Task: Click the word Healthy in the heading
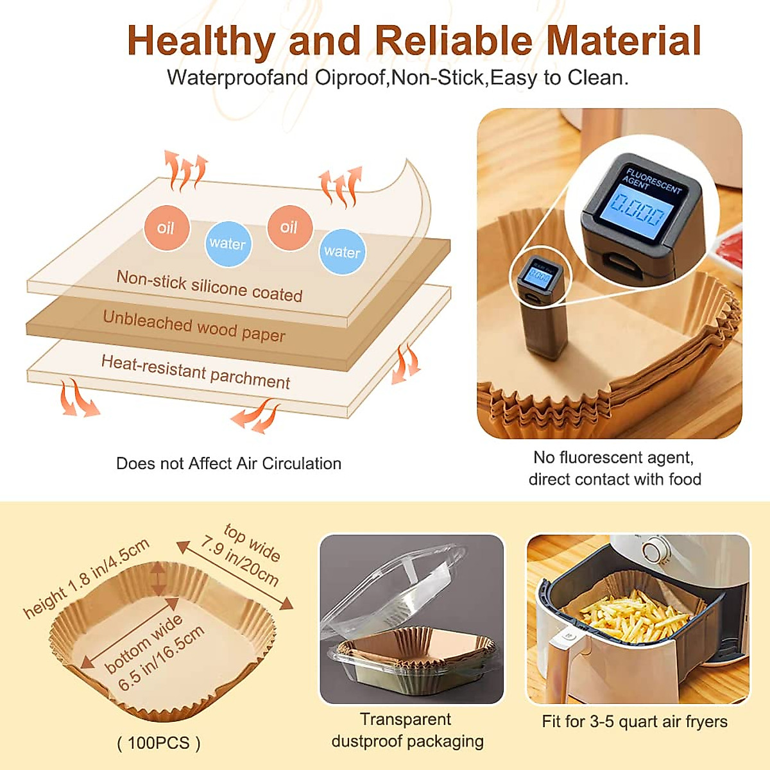tap(201, 41)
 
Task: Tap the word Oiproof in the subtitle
tap(350, 78)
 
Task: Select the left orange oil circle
tap(166, 228)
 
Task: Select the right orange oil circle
tap(289, 227)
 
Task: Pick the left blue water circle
tap(227, 243)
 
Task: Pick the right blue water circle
tap(342, 252)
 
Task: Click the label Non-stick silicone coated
tap(209, 286)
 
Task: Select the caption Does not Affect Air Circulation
tap(228, 464)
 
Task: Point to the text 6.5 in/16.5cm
tap(161, 658)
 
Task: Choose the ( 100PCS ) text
tap(158, 743)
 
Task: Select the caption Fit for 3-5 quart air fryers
tap(635, 722)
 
